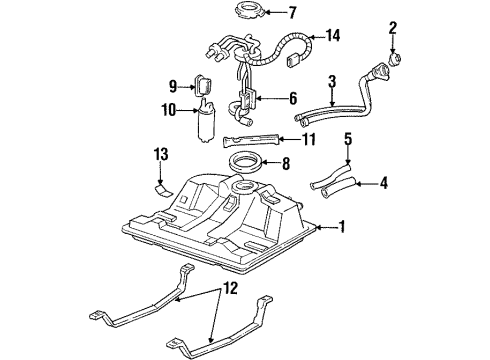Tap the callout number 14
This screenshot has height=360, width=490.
point(334,37)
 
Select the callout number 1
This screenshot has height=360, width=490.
point(342,227)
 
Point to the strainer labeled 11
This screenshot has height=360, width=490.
point(252,140)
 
